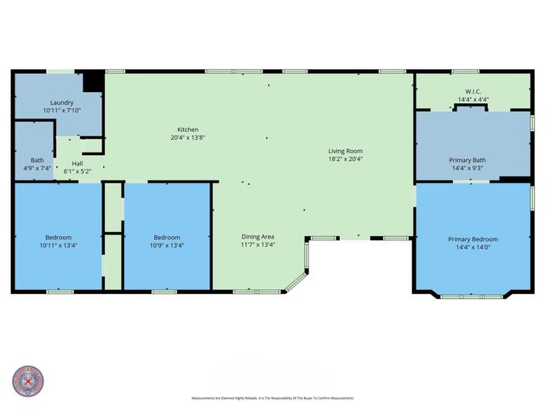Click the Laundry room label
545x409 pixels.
point(60,102)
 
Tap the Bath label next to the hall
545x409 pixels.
point(37,159)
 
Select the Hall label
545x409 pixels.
point(77,163)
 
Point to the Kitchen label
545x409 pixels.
point(187,130)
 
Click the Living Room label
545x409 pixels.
point(346,152)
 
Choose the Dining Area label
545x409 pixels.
point(256,236)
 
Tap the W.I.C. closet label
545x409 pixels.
point(473,91)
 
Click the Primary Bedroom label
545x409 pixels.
point(473,239)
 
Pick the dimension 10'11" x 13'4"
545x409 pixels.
point(59,245)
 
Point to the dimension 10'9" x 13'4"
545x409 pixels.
point(167,245)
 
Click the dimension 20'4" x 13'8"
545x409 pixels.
point(187,137)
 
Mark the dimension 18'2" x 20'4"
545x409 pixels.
point(346,159)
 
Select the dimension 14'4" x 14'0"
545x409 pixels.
point(473,247)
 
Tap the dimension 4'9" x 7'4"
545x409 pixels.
point(37,167)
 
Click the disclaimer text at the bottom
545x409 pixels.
point(272,398)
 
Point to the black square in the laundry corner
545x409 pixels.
point(93,83)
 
